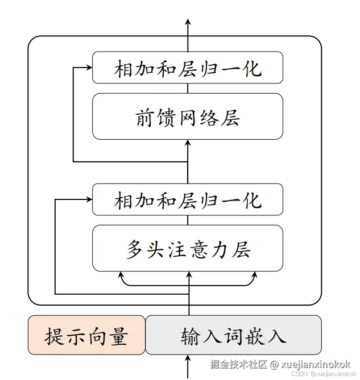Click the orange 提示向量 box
[x=86, y=335]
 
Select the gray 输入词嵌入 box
[x=233, y=335]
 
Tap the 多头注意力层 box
[x=188, y=248]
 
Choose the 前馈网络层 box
[x=188, y=116]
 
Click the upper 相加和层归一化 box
[x=188, y=68]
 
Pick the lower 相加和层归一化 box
[x=188, y=199]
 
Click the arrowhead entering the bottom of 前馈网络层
[x=188, y=143]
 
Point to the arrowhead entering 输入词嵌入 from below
[x=188, y=359]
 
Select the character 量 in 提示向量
[x=117, y=336]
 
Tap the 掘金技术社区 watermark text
[x=237, y=364]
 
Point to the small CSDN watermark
[x=299, y=374]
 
